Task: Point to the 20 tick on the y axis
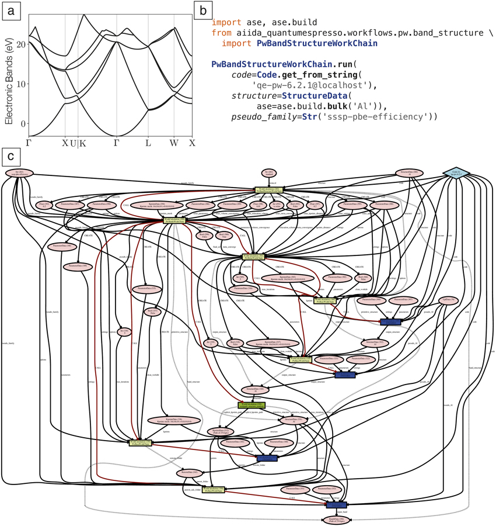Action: pyautogui.click(x=23, y=44)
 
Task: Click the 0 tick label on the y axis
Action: pyautogui.click(x=24, y=123)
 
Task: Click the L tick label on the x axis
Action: pyautogui.click(x=148, y=143)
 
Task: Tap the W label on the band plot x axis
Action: pyautogui.click(x=174, y=143)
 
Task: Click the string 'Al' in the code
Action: pyautogui.click(x=365, y=106)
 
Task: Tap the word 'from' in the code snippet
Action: pyautogui.click(x=222, y=32)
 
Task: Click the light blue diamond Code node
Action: pyautogui.click(x=455, y=173)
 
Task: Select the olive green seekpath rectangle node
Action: pyautogui.click(x=252, y=405)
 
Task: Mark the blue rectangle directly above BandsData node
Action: pyautogui.click(x=337, y=504)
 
